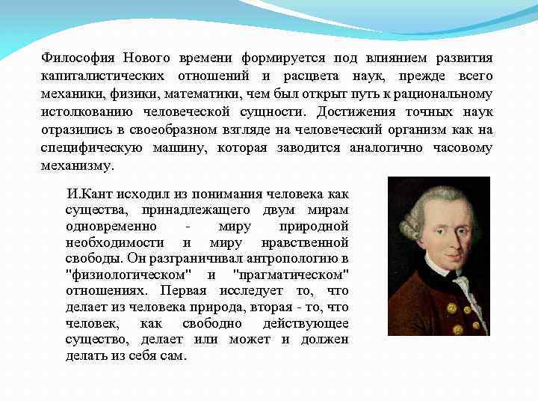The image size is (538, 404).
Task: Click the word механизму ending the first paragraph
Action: point(77,166)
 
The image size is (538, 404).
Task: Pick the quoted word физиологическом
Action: point(126,275)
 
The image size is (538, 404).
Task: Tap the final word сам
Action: point(173,356)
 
